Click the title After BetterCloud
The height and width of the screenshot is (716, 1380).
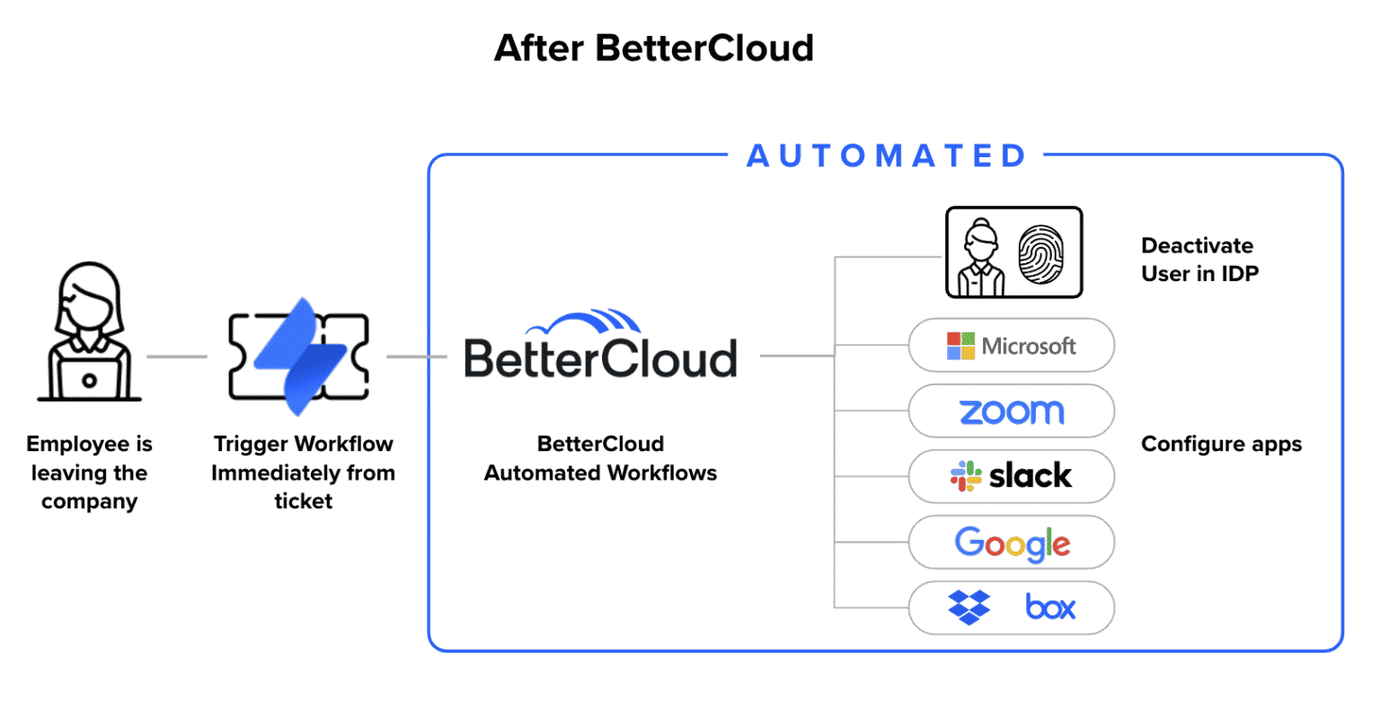point(653,48)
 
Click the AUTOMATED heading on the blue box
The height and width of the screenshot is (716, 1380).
point(886,155)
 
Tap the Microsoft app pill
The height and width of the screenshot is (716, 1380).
point(1011,345)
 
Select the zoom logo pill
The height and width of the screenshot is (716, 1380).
point(1011,411)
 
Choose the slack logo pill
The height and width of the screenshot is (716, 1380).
point(1011,476)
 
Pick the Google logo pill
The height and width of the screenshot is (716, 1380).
point(1011,543)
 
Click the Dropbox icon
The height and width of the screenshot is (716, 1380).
point(969,607)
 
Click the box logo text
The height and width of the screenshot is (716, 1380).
point(1049,608)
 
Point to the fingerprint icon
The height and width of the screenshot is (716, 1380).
point(1040,253)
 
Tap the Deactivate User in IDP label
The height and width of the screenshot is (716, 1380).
point(1199,260)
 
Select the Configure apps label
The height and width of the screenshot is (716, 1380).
point(1220,444)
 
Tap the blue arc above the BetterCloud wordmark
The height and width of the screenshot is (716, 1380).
point(584,321)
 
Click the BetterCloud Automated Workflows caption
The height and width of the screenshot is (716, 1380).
point(600,458)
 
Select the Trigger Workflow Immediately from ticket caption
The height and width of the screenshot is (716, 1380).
point(303,473)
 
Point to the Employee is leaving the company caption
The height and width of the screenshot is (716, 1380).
point(89,473)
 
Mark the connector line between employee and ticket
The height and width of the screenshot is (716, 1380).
point(177,357)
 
